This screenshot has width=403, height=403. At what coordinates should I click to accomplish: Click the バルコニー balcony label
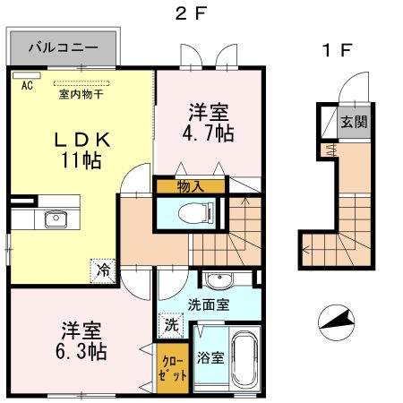coord(64,47)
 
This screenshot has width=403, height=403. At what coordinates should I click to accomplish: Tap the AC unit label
coord(27,86)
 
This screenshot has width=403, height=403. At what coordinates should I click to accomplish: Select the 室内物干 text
coord(81,94)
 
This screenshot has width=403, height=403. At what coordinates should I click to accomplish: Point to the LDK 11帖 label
coord(82,150)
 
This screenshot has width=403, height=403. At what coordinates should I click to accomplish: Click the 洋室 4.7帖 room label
coord(208,123)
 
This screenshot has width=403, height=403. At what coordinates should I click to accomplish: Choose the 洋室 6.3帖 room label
coord(81,341)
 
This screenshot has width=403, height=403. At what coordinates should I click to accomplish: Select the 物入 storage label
coord(191,187)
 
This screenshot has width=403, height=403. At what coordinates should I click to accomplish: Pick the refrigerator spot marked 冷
coord(103,270)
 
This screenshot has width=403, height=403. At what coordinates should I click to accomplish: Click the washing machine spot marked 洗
coord(171,325)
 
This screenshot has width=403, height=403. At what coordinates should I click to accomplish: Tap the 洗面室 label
coord(209,304)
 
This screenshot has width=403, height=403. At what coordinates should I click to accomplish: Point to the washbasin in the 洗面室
coord(219,280)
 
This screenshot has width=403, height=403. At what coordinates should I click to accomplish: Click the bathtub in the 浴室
coord(244,358)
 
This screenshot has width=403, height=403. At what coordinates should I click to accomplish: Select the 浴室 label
coord(210,357)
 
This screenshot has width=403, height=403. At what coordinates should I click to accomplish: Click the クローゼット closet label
coord(173,369)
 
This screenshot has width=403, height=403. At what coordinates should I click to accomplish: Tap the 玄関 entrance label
coord(354,122)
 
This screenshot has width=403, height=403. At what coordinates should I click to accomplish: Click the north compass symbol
coord(337,322)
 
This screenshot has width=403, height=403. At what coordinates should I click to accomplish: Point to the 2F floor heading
coord(191,13)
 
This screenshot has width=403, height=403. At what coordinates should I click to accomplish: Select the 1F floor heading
coord(338,50)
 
